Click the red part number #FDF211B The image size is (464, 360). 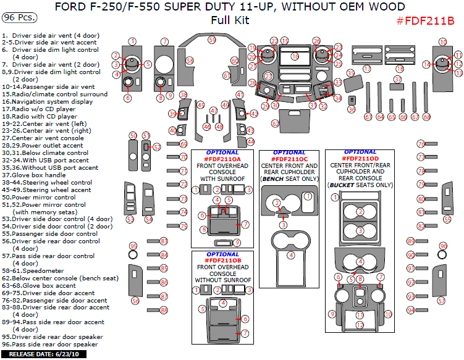pos(424,21)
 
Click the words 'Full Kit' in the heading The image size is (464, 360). pos(230,20)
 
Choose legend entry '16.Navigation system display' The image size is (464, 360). pos(48,101)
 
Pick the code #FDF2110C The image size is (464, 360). pos(289,159)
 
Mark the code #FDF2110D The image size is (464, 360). pos(360,159)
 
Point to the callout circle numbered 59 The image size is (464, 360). pos(212,40)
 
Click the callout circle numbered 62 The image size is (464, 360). pos(276,123)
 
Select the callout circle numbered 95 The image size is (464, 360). pos(133,246)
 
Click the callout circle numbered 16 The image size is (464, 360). pos(295,56)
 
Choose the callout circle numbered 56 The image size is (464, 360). pos(135,301)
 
